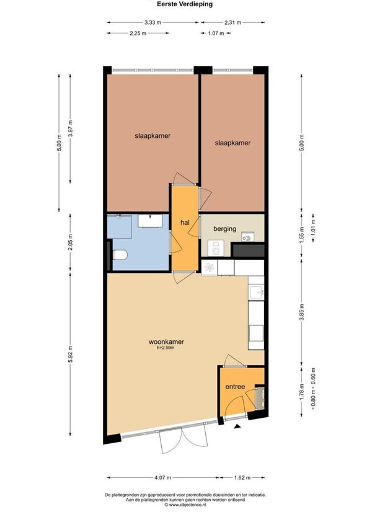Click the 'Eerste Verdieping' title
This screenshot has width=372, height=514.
[x=185, y=4]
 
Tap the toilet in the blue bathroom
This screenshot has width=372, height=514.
[x=120, y=255]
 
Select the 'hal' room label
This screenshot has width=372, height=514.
[x=185, y=223]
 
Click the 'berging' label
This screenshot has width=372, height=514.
[x=224, y=229]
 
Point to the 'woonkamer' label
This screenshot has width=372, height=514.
[x=166, y=341]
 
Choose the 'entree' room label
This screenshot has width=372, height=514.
[x=235, y=387]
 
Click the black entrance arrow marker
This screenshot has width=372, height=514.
[x=237, y=426]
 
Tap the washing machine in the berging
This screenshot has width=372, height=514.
[x=216, y=248]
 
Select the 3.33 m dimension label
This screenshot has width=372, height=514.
[x=153, y=22]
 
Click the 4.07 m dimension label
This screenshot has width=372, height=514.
[x=162, y=477]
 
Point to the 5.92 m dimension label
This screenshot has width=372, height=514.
[x=71, y=354]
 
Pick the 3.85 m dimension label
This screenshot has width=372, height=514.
[x=301, y=312]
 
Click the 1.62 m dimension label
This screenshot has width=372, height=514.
[x=242, y=477]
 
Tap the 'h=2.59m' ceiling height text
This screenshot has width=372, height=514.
[x=166, y=348]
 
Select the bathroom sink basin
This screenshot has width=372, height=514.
[x=150, y=220]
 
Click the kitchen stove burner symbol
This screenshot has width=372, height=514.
[x=210, y=268]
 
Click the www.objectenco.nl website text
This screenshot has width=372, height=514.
[x=185, y=505]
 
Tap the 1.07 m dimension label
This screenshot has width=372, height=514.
[x=216, y=33]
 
